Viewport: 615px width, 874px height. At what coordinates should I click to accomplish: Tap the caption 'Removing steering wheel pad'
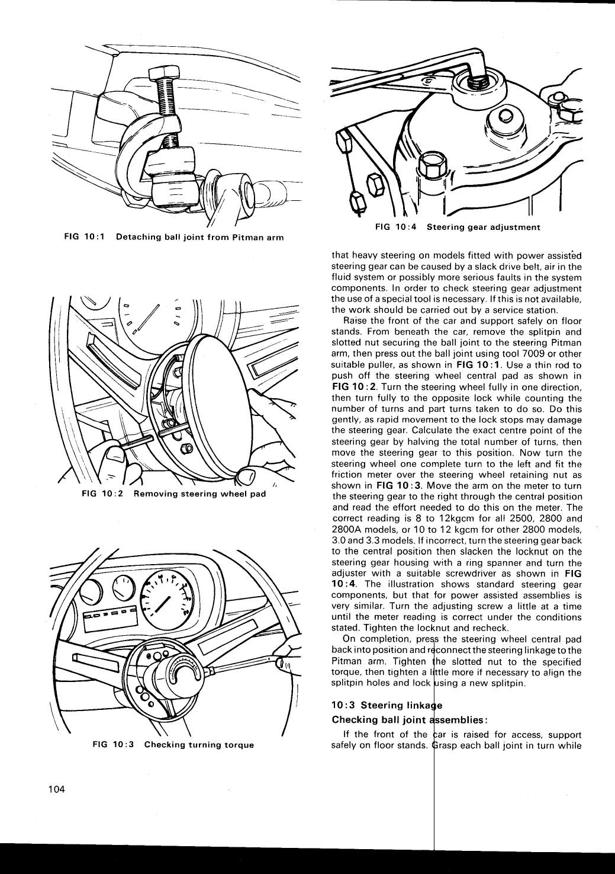tap(199, 494)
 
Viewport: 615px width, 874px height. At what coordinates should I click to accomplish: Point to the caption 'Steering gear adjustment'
tap(483, 227)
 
